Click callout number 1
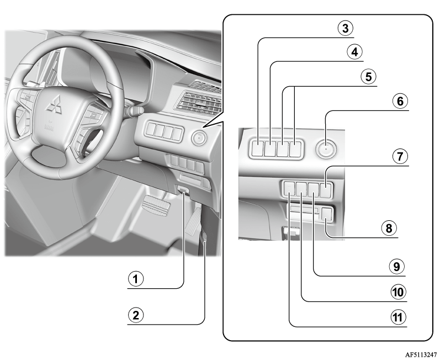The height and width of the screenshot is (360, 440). coord(136,279)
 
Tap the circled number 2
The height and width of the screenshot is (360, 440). coord(136,315)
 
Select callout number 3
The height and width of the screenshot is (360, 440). coord(346,28)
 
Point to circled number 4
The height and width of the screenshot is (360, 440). coord(354,52)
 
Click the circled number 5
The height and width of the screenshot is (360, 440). coord(368,77)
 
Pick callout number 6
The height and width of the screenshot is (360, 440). coord(400,101)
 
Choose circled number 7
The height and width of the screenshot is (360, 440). coord(400,157)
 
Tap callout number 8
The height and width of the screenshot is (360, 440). coord(389,228)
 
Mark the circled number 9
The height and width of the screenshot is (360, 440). coord(397,267)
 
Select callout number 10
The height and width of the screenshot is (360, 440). coord(398,292)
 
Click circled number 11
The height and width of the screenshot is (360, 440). coord(398,317)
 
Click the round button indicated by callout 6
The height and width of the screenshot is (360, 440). coord(326,149)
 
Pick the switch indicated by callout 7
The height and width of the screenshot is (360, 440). coord(326,190)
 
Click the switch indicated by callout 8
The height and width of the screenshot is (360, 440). coord(327,214)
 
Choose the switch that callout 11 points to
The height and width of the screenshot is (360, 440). coord(289,189)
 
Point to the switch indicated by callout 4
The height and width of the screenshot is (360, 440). coord(270,148)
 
